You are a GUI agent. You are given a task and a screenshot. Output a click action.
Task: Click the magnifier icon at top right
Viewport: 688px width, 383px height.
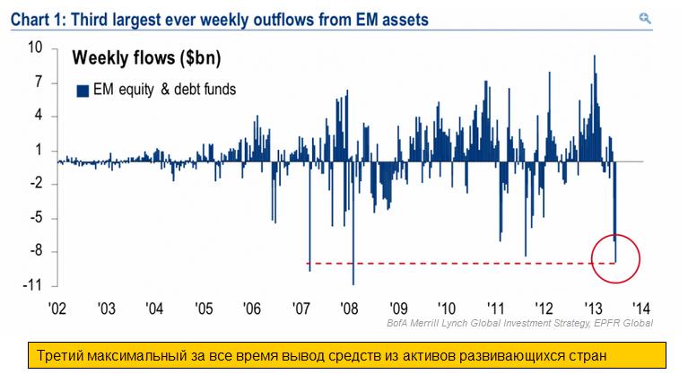point(645,17)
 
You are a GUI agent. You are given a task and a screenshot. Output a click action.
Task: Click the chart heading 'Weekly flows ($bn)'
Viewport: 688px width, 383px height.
point(146,59)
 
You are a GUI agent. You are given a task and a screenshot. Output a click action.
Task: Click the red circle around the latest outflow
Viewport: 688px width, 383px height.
point(615,257)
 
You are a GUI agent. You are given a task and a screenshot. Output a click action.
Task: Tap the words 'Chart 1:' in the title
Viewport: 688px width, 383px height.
point(37,18)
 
